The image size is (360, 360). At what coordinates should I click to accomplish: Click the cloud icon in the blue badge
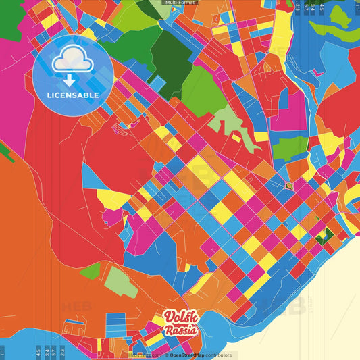72,62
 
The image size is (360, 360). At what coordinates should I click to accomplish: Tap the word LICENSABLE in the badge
72,95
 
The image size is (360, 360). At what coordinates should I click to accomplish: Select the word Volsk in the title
180,317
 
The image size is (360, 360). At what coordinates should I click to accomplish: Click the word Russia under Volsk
180,330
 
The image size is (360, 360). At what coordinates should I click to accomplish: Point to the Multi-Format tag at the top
180,3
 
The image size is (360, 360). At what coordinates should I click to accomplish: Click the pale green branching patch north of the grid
233,125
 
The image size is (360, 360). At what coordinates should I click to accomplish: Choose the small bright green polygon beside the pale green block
90,272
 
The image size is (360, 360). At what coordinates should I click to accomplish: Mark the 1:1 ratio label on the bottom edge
3,352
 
